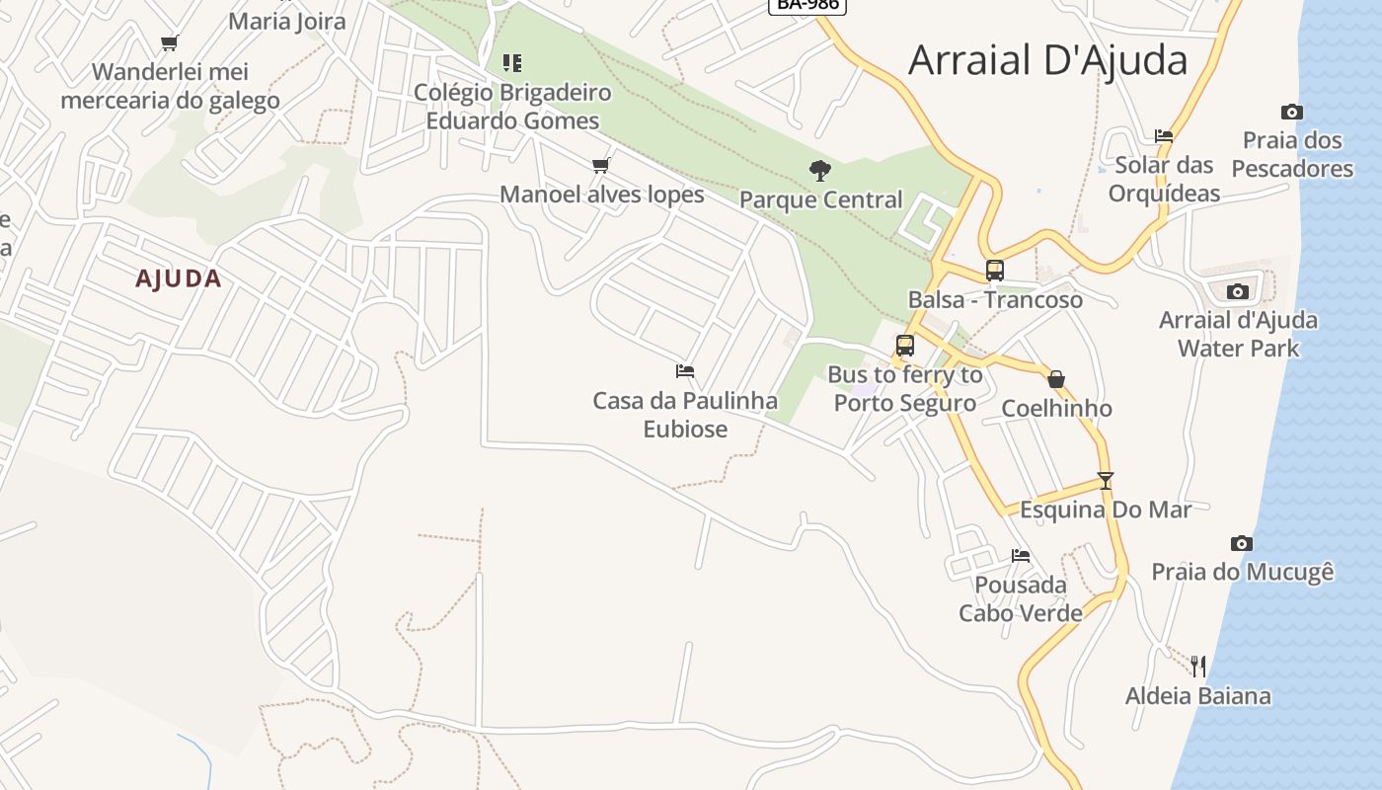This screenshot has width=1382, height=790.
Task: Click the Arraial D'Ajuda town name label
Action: tap(1047, 60)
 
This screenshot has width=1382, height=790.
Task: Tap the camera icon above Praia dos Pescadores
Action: tap(1291, 113)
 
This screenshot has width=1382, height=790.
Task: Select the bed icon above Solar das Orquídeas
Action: tap(1164, 136)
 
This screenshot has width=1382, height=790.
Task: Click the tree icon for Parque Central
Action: tap(819, 171)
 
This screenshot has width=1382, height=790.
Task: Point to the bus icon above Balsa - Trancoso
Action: tap(994, 271)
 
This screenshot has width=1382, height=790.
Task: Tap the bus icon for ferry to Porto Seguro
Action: tap(904, 346)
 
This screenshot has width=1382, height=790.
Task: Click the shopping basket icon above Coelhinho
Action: tap(1056, 379)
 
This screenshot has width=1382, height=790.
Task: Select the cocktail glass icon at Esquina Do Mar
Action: tap(1105, 481)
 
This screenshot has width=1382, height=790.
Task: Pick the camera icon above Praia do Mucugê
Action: tap(1242, 543)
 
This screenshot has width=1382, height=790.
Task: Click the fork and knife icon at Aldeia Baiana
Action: tap(1197, 667)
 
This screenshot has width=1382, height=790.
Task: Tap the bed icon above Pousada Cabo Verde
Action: tap(1020, 556)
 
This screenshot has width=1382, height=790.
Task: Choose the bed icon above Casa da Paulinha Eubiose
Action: tap(684, 371)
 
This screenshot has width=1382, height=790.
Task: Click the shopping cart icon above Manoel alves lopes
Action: tap(600, 165)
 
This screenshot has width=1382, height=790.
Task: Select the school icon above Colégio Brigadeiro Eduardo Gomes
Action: tap(511, 63)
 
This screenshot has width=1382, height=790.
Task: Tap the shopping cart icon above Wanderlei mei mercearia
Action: tap(169, 42)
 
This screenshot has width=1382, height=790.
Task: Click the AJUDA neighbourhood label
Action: tap(179, 278)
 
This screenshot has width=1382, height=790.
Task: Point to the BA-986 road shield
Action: tap(806, 5)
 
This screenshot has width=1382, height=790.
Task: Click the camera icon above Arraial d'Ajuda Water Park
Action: tap(1237, 291)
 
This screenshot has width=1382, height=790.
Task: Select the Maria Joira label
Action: tap(287, 21)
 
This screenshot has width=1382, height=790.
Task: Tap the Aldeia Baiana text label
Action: tap(1197, 696)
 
